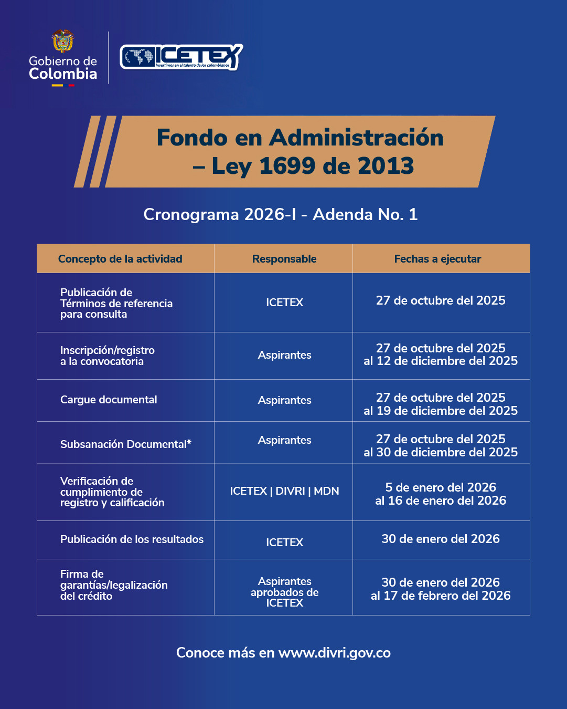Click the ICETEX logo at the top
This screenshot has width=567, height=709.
[x=181, y=57]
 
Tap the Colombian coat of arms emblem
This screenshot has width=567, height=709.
[x=63, y=41]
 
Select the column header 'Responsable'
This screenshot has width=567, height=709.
[x=284, y=259]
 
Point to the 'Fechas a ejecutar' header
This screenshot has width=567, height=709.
[x=437, y=259]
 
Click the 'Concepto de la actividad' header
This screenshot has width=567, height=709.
[x=120, y=259]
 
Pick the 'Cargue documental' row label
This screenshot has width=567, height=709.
[x=109, y=400]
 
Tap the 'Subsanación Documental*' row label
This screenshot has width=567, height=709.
[x=125, y=444]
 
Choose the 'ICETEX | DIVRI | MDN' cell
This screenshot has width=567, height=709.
[x=284, y=491]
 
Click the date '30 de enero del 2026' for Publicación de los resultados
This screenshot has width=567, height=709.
[x=441, y=539]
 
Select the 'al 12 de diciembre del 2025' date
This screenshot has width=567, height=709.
[x=441, y=361]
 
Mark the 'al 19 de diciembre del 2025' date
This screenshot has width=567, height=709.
[x=441, y=411]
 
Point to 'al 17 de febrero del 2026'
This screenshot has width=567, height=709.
[x=441, y=596]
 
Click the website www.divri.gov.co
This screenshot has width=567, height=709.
[x=334, y=653]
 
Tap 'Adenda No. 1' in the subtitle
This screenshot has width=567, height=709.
[x=365, y=214]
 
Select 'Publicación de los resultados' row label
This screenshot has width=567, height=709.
[x=132, y=539]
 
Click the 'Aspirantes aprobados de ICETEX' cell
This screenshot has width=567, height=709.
[x=284, y=592]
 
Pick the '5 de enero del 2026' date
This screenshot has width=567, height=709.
[x=441, y=487]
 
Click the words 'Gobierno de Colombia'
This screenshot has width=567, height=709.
[x=63, y=68]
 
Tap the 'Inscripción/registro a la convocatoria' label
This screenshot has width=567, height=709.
[x=107, y=356]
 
